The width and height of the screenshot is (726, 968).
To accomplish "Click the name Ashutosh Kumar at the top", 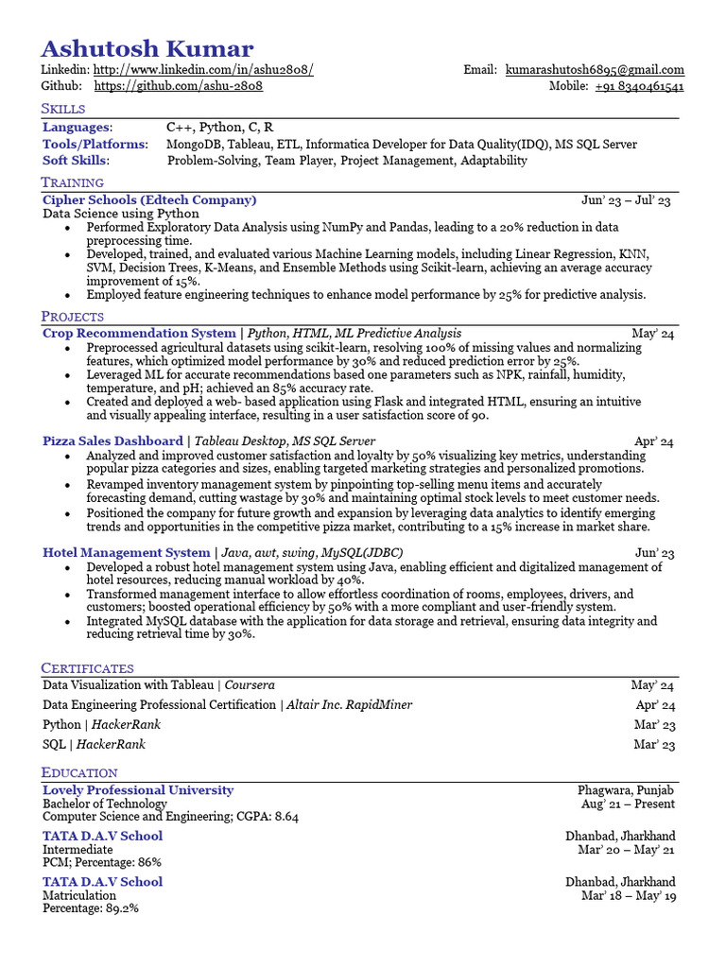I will pos(147,49).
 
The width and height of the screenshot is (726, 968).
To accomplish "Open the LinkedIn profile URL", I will pos(203,70).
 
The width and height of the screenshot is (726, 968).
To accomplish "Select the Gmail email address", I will pos(595,70).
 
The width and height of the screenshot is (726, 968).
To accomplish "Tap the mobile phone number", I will pos(639,86).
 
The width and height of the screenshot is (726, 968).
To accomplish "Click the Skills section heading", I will pos(63,109).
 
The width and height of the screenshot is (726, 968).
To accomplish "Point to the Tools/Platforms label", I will pos(95,145).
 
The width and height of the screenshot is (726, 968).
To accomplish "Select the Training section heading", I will pos(73,181).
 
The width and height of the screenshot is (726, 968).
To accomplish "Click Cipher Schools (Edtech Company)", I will pos(149,200).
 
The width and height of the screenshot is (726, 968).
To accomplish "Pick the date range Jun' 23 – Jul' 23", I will pos(625,200).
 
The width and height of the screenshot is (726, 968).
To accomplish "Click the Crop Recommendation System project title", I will pos(139,333).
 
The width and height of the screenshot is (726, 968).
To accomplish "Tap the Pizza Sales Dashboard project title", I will pos(112,441).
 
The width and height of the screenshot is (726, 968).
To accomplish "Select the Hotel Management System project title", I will pos(127,552).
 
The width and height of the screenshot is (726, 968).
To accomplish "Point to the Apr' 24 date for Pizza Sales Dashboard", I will pos(653,441).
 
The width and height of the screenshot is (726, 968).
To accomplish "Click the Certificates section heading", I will pos(88,668).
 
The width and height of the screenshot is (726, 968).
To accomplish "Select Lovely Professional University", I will pos(138,790).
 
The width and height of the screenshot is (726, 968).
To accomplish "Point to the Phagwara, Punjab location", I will pos(626,790).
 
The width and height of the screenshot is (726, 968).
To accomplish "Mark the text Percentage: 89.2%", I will pos(91,908).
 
